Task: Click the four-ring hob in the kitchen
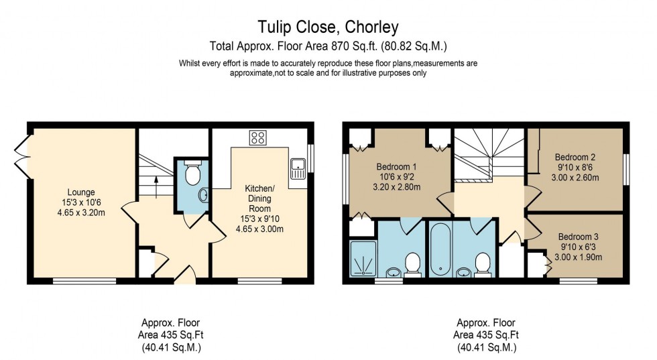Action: (257, 138)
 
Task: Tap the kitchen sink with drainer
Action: (298, 169)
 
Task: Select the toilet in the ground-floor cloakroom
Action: (192, 174)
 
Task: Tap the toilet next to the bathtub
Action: (482, 263)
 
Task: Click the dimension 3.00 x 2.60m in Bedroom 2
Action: (575, 178)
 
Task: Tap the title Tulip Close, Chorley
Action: (328, 27)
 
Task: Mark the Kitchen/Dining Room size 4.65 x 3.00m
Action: (260, 229)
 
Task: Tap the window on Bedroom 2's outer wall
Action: (627, 168)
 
